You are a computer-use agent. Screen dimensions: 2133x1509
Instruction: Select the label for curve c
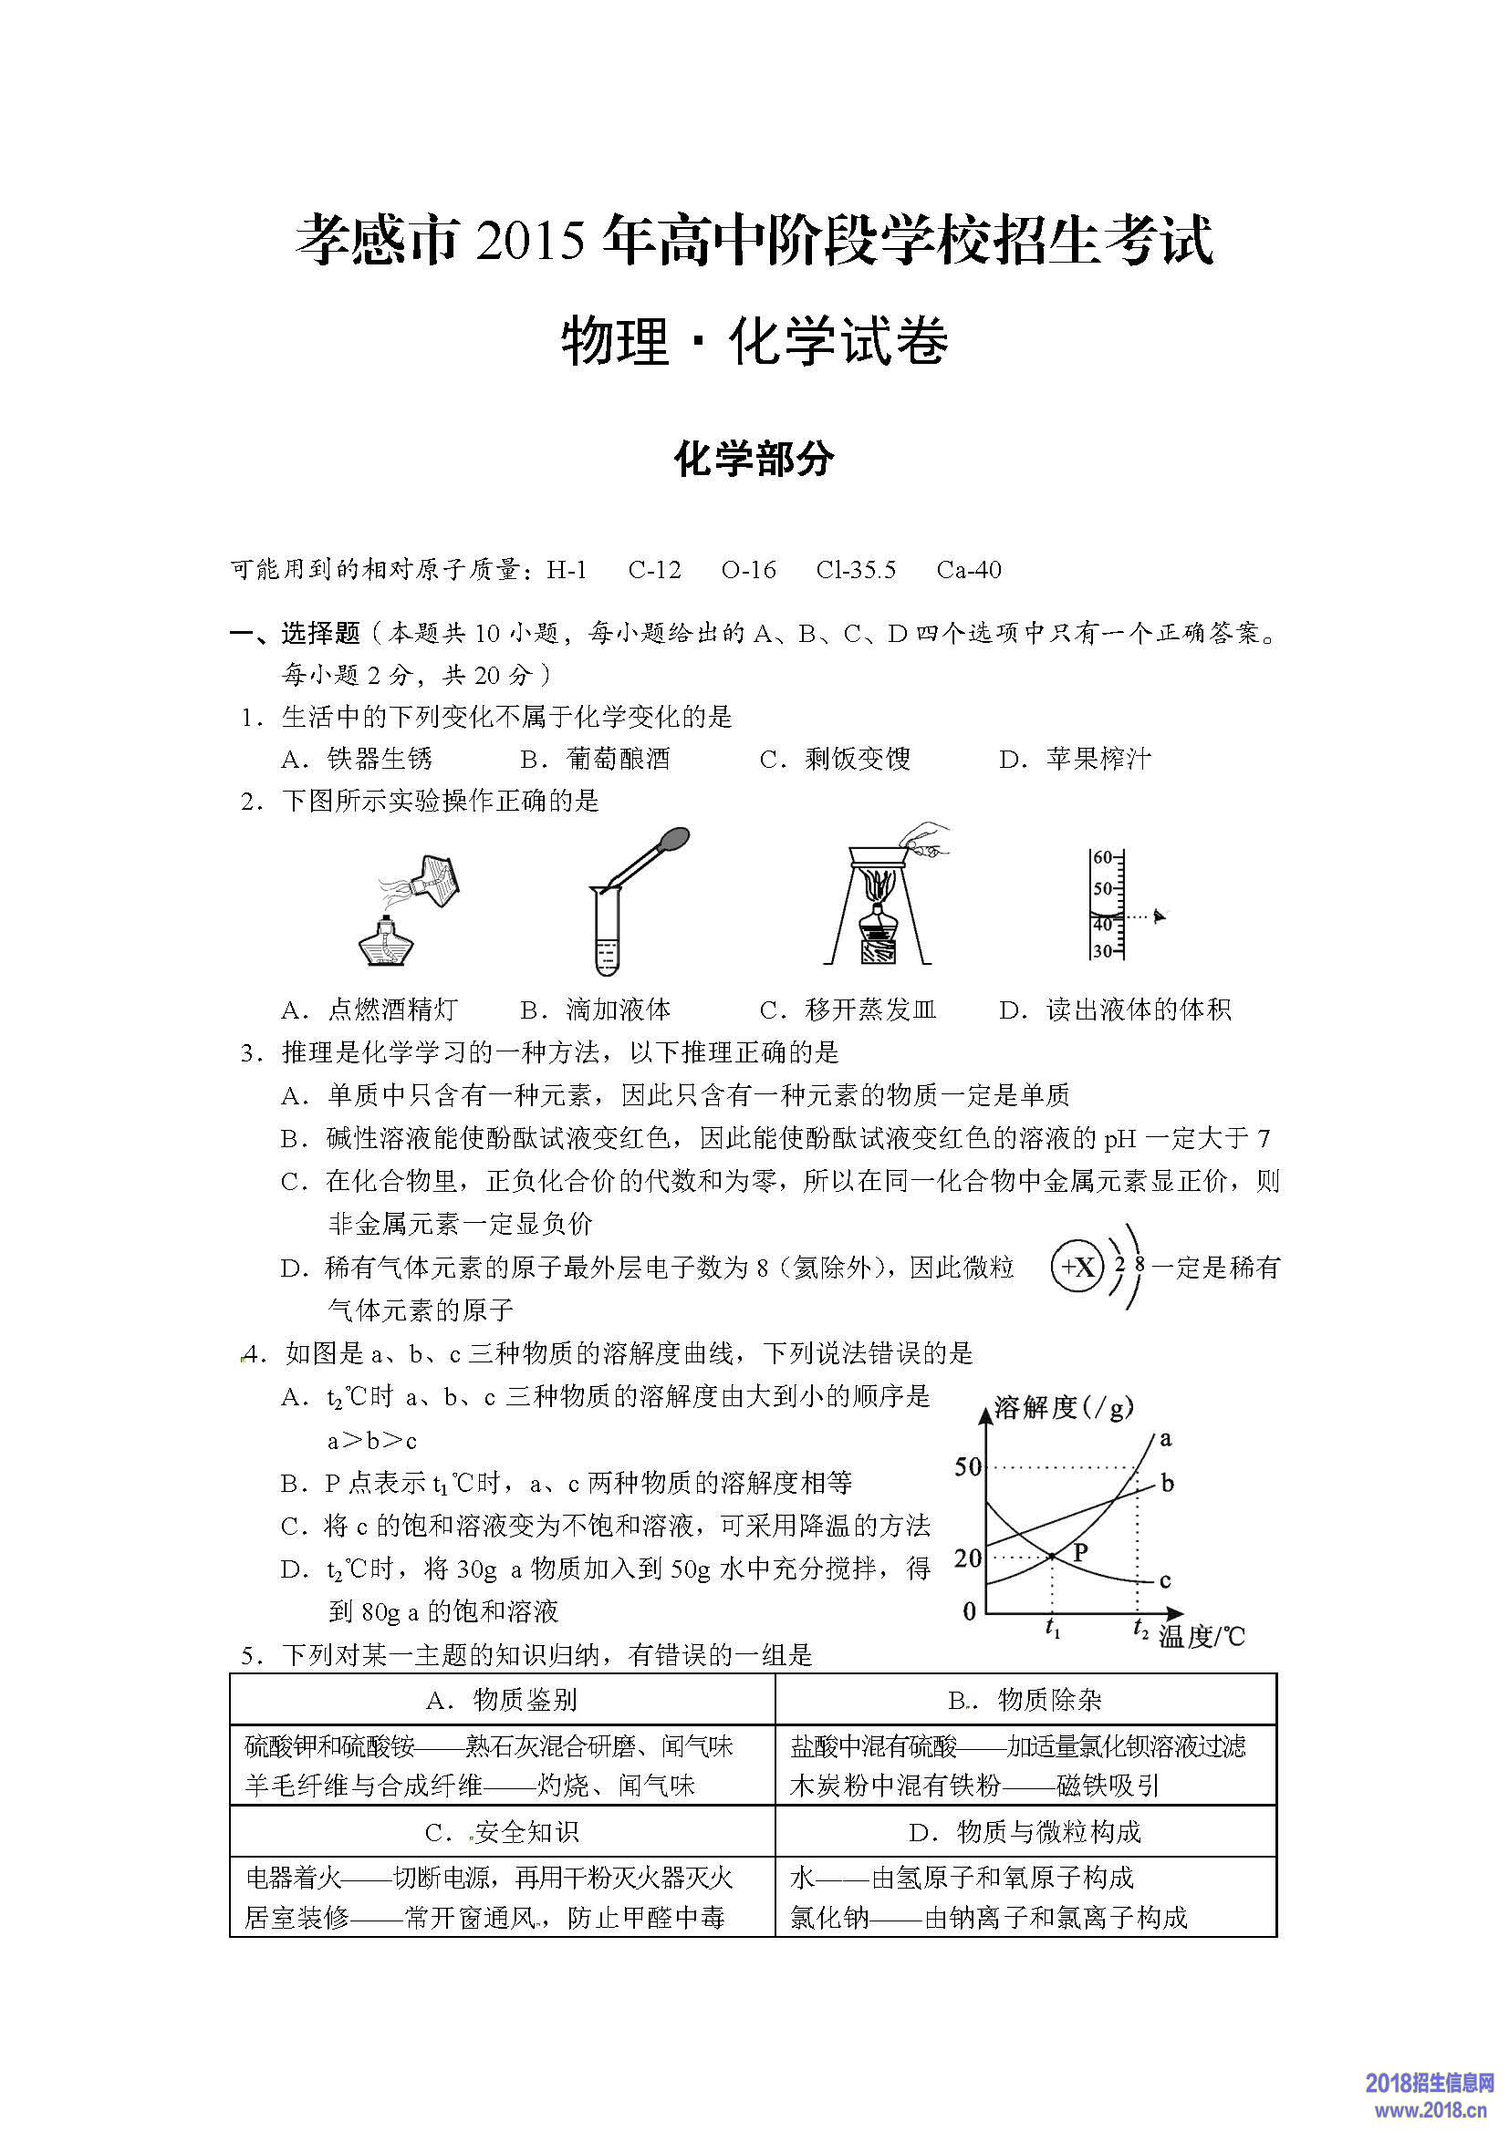click(x=1165, y=1580)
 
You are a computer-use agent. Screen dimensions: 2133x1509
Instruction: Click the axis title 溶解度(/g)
click(x=1063, y=1408)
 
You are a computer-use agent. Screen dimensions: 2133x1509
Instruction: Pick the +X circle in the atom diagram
click(x=1077, y=1268)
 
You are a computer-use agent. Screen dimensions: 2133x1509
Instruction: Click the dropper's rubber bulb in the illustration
click(x=672, y=840)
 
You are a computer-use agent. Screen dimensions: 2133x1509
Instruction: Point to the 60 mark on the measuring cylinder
click(x=1102, y=856)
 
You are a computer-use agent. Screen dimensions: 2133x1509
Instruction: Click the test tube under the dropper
click(x=606, y=934)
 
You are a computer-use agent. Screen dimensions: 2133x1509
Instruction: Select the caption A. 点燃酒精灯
click(x=369, y=1010)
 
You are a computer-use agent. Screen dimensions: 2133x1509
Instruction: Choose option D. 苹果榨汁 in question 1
click(x=1075, y=759)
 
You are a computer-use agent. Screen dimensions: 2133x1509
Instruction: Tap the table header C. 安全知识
click(x=502, y=1832)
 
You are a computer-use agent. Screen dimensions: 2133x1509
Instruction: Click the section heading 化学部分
click(x=754, y=459)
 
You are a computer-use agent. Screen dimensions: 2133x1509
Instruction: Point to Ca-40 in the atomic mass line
click(x=969, y=569)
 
